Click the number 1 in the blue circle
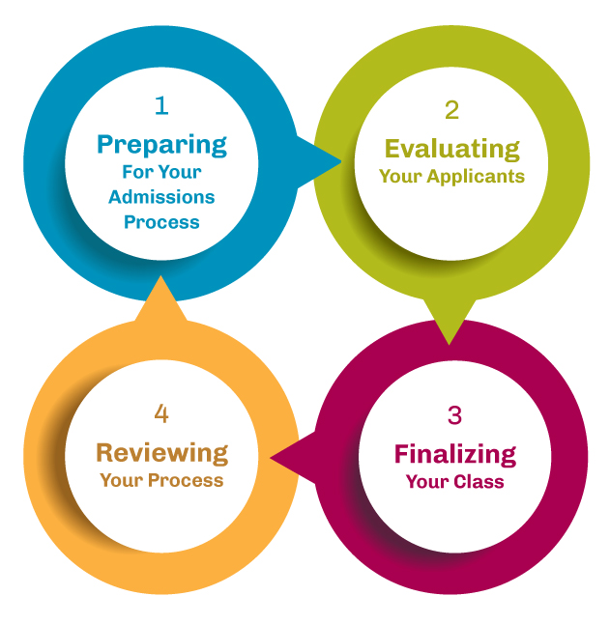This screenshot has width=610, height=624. point(160,103)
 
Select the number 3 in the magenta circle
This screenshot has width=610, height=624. point(454,415)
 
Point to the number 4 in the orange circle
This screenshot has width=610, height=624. point(161,413)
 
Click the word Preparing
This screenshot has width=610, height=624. point(161,145)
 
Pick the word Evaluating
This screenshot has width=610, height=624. point(451,149)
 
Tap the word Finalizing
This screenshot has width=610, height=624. point(454,454)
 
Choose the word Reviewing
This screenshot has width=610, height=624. point(161,452)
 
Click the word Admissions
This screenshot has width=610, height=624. point(161,197)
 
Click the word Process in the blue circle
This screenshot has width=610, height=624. point(161,222)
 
